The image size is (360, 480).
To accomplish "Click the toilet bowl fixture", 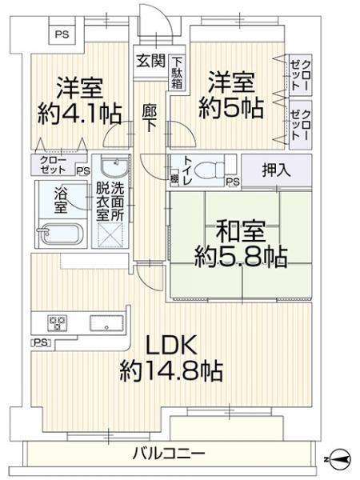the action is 210,170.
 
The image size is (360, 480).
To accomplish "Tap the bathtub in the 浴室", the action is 60,234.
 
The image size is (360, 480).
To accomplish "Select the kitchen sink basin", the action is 106,323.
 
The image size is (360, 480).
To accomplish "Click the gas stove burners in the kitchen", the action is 58,323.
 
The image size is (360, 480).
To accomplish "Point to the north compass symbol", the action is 339,458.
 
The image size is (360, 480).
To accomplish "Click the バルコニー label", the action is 168,453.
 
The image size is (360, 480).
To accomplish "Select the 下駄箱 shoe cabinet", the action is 177,73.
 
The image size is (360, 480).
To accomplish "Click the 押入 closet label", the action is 277,170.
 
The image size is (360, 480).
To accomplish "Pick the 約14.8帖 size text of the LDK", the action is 171,370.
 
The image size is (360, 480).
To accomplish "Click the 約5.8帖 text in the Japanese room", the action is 241,257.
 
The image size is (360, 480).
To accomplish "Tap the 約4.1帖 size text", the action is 80,114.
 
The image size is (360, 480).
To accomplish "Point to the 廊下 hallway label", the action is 150,118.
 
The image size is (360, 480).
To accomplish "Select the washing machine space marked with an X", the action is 110,235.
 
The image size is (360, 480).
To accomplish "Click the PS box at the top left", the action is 62,34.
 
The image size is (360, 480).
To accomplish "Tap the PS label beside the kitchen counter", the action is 42,342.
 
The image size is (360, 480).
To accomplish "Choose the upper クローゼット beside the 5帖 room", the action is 301,75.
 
